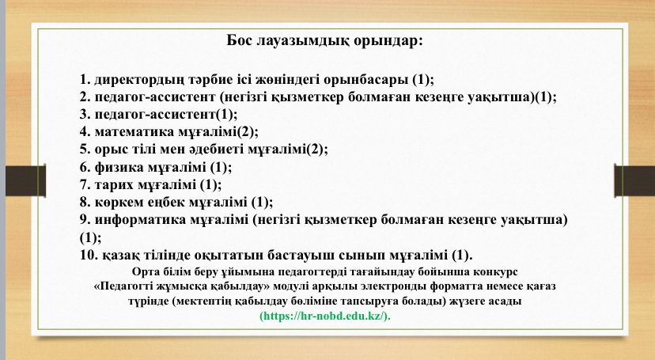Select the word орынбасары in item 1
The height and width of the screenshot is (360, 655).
365,80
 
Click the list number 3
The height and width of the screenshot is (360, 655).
85,114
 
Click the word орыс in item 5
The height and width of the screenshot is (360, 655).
110,150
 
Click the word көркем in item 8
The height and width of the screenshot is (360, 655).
119,203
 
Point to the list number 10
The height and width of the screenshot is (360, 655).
89,255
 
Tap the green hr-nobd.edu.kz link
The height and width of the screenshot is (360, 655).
325,316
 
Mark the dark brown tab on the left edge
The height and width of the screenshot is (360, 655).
25,181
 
